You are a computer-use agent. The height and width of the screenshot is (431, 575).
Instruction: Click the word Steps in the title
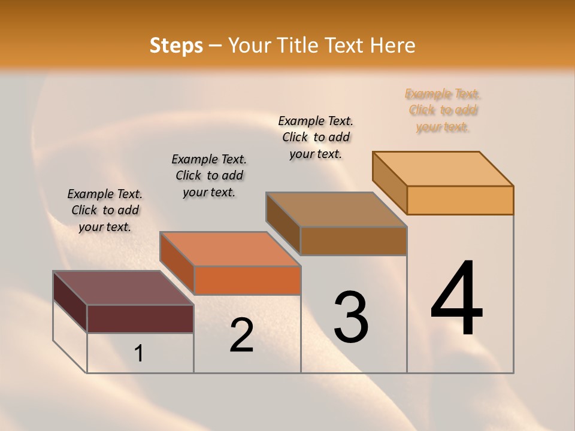coord(176,45)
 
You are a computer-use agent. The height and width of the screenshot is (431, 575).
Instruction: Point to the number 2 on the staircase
coord(242,336)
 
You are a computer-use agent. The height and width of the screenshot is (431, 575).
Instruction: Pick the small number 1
coord(139,354)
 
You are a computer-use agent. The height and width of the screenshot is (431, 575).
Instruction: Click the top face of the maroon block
coord(123,288)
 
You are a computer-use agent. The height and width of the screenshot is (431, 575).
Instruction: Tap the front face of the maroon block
coord(140,318)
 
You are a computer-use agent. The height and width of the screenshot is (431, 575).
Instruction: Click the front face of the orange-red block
coord(247,280)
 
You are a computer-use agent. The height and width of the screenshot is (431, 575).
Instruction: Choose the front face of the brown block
coord(353,241)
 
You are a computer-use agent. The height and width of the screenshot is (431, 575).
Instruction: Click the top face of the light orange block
coord(443,168)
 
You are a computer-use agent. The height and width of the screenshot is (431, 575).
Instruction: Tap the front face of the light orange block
coord(460,200)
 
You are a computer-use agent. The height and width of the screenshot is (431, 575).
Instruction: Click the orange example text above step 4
coord(443,110)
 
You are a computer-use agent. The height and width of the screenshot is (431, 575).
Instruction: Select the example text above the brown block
coord(316,137)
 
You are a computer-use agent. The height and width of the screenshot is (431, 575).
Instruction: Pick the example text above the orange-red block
coord(209,175)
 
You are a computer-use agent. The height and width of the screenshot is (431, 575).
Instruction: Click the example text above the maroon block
coord(105,210)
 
